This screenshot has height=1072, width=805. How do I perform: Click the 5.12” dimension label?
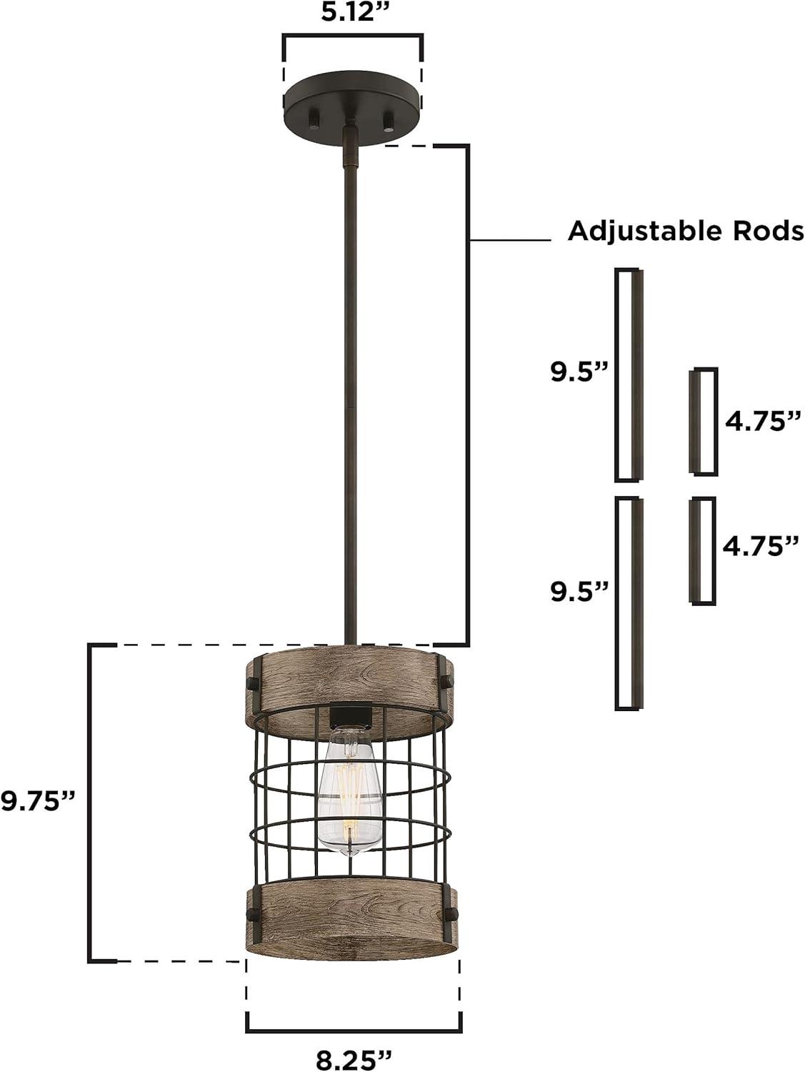tap(353, 12)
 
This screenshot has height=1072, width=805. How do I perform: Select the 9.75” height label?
tap(39, 801)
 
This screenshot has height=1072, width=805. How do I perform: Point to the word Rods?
tap(769, 231)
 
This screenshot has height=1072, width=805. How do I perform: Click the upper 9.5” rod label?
tap(580, 372)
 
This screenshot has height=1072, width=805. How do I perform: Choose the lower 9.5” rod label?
tap(580, 592)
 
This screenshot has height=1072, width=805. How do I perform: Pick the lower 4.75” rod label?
tap(761, 546)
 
